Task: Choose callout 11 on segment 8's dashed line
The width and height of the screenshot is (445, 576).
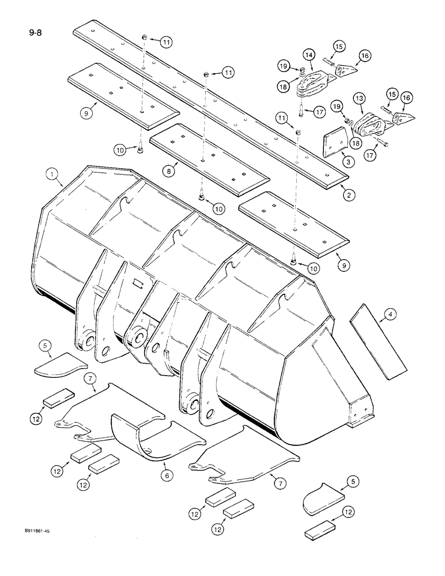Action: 229,73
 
